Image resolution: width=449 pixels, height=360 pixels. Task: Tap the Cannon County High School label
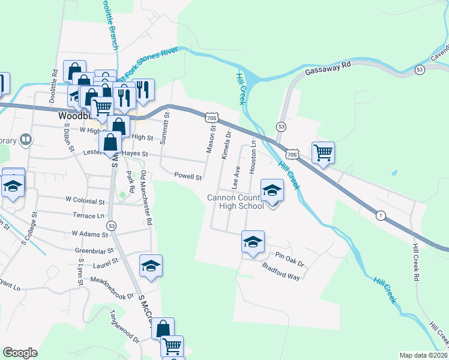tap(235, 202)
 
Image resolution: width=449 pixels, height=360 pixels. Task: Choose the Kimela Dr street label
tap(226, 146)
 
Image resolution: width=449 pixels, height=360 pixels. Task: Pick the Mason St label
tap(211, 140)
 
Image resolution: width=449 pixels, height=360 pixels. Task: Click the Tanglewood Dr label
tap(124, 326)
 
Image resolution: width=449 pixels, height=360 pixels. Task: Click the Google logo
tap(20, 353)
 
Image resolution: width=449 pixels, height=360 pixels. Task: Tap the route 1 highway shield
tap(381, 215)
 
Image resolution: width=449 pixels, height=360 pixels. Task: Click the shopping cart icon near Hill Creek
tap(323, 152)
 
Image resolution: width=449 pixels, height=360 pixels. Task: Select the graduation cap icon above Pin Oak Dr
tap(253, 242)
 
